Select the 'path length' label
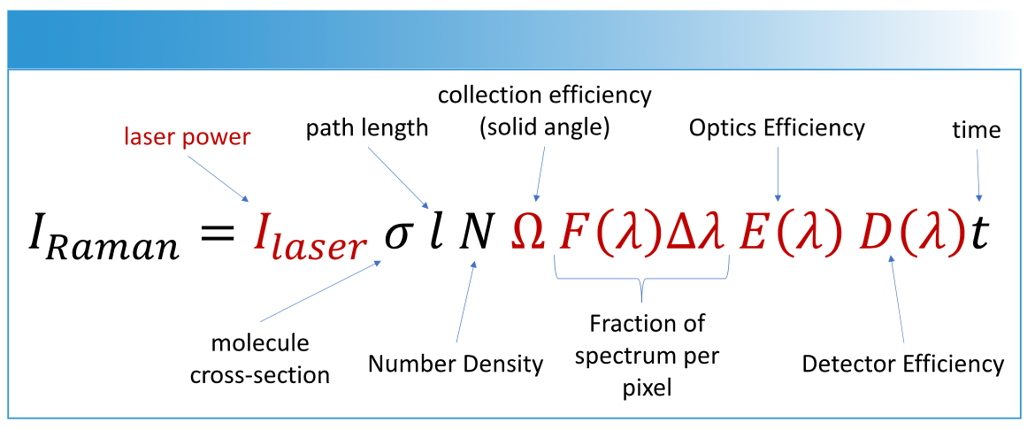(367, 127)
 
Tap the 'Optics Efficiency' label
(777, 127)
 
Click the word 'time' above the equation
(977, 130)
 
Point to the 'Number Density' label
(456, 363)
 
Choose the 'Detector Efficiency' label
(903, 363)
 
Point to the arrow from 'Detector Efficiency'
(899, 301)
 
